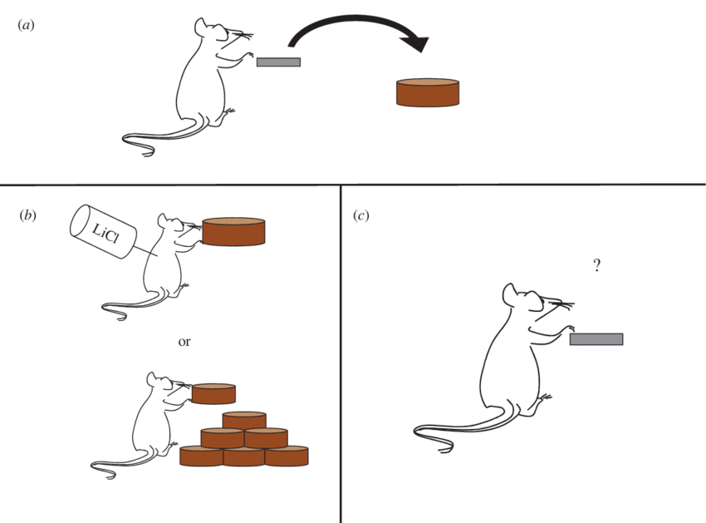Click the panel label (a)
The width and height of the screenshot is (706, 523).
click(26, 25)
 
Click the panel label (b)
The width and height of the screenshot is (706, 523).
click(27, 215)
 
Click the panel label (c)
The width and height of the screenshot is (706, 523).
click(361, 215)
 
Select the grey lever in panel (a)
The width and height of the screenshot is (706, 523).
click(278, 62)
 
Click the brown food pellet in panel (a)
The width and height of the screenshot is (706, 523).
click(428, 92)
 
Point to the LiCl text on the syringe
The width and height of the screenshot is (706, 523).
click(105, 233)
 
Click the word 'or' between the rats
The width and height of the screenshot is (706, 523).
click(184, 342)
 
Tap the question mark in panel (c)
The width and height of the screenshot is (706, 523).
click(596, 265)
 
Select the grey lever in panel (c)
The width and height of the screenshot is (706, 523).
click(596, 339)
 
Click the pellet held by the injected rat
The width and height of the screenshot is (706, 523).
click(233, 232)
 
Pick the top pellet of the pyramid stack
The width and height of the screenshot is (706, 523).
click(244, 420)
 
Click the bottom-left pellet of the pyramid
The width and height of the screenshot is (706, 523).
click(201, 456)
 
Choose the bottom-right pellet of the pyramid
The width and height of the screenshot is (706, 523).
click(287, 456)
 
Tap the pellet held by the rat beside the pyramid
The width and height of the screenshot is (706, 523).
click(213, 393)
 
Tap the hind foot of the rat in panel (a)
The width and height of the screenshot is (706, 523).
click(229, 111)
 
